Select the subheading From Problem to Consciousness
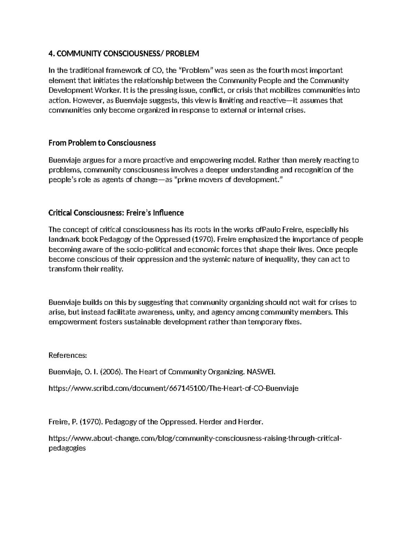click(x=102, y=143)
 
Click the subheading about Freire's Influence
click(x=116, y=213)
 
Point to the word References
click(x=67, y=355)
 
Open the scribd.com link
click(x=173, y=389)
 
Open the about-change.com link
click(x=196, y=438)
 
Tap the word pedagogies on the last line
click(x=67, y=448)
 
